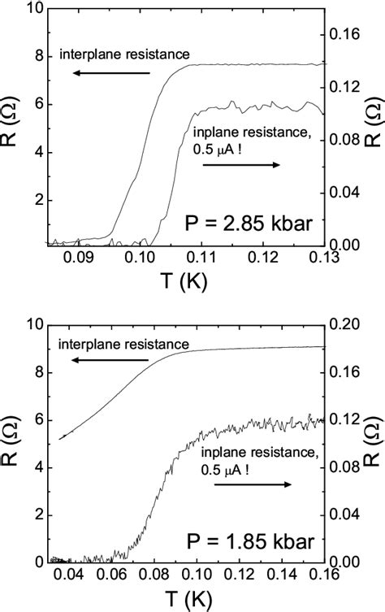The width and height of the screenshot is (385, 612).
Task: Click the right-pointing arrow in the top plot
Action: [x=241, y=165]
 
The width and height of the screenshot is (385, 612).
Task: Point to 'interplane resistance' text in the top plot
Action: [x=125, y=55]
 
